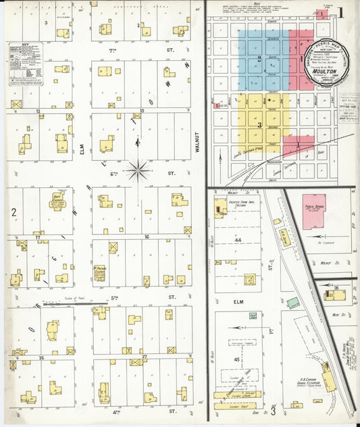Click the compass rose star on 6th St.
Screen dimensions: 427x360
pos(138,170)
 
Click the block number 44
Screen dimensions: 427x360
pos(237,241)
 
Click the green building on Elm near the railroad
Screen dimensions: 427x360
pos(292,303)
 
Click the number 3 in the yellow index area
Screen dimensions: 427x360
pos(259,124)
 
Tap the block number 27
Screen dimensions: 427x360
pos(145,355)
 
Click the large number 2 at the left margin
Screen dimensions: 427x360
pos(13,211)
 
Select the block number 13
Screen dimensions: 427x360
pos(142,110)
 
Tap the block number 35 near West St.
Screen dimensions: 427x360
pos(336,288)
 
